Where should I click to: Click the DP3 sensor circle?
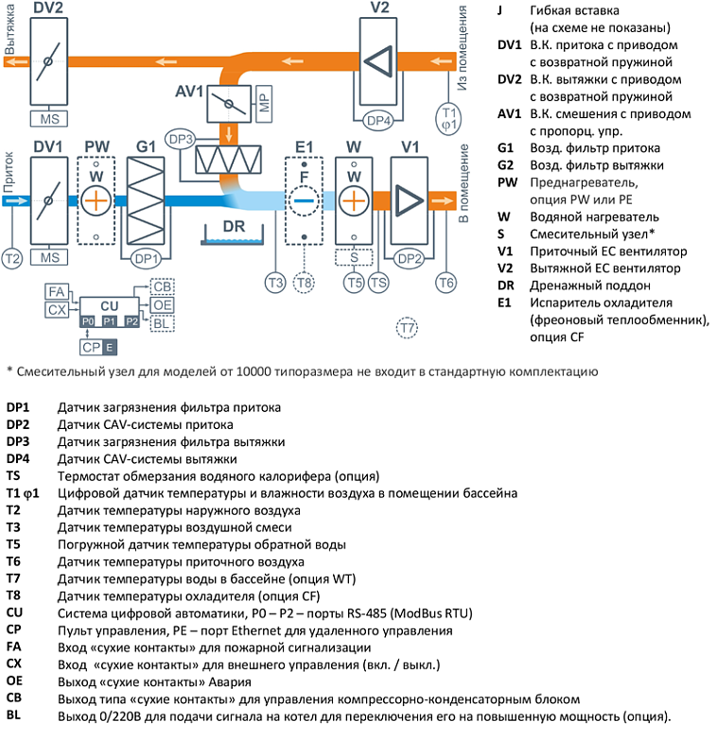(179, 138)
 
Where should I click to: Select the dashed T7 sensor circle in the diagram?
(407, 328)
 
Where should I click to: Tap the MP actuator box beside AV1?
(264, 101)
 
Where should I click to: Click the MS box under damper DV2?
(48, 119)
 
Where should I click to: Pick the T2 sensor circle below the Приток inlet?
(11, 257)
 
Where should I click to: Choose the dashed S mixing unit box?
(353, 257)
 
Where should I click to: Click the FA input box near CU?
(57, 292)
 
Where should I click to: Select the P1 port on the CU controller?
(110, 322)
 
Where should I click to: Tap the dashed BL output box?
(163, 322)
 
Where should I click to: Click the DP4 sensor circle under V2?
(378, 120)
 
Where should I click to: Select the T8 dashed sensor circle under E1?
(303, 281)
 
